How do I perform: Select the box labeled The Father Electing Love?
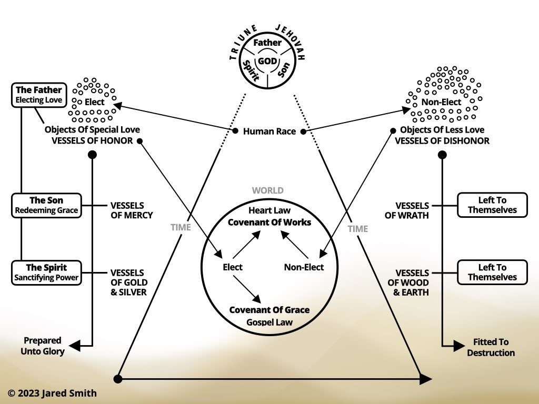(38, 95)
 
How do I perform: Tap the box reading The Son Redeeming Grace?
(46, 205)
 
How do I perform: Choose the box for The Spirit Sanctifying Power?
(46, 272)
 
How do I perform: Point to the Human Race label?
(269, 132)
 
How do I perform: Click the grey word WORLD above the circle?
(267, 190)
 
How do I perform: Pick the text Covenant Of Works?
(269, 222)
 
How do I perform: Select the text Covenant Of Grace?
(269, 310)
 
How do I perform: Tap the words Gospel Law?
(269, 321)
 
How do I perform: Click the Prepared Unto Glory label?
(43, 346)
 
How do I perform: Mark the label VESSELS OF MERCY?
(131, 210)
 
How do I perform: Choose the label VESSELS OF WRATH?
(412, 210)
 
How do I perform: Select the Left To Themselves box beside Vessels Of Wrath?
(492, 205)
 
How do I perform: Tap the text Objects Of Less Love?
(442, 130)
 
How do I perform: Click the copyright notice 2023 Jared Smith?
(52, 393)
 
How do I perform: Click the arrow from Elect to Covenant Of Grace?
(248, 288)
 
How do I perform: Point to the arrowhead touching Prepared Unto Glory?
(74, 346)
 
